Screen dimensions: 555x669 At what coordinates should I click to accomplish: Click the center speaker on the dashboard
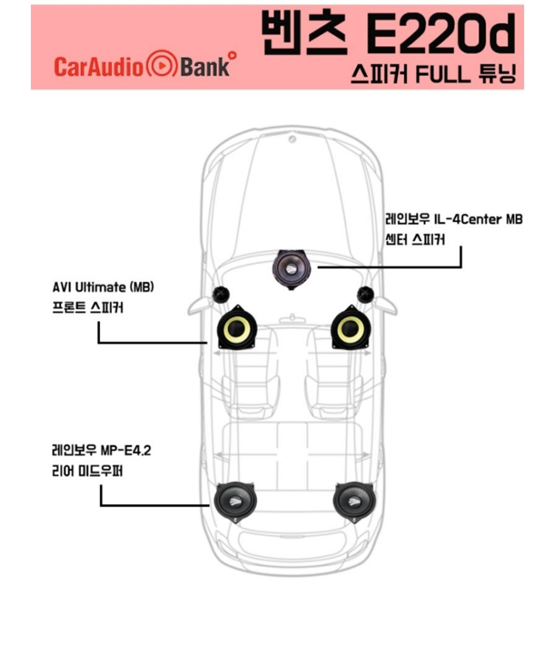291,269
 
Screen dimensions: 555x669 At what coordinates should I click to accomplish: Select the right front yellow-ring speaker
350,328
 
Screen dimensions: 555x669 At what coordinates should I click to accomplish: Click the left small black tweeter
221,295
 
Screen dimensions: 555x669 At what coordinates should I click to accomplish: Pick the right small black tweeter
365,295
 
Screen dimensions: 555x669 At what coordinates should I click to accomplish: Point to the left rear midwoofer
235,502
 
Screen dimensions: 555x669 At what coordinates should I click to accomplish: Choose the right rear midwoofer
353,502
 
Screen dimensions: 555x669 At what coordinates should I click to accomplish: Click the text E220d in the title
441,33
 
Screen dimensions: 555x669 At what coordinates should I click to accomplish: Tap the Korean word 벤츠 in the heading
304,32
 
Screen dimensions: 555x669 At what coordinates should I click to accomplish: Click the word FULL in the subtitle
442,74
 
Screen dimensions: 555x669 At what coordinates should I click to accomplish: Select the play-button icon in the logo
161,64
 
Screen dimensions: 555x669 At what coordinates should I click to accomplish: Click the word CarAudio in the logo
99,67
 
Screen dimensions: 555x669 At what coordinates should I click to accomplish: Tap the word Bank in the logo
205,67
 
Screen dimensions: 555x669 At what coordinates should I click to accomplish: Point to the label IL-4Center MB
478,220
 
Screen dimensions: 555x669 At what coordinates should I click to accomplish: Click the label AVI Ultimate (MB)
103,287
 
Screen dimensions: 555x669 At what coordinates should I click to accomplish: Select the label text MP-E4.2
126,450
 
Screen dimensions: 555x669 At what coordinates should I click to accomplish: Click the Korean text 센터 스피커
415,240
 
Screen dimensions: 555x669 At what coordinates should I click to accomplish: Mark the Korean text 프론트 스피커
88,308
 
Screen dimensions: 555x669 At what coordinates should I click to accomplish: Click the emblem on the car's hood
292,139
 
